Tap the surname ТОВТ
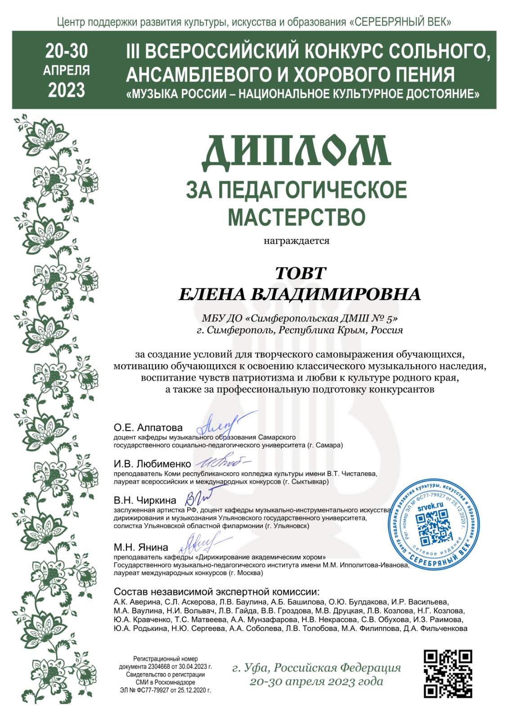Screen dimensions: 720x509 click(300, 273)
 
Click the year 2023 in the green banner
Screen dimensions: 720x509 click(67, 90)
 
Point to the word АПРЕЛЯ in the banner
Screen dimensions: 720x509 click(67, 71)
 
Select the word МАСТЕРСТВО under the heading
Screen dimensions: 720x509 click(297, 217)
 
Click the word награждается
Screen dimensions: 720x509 click(296, 241)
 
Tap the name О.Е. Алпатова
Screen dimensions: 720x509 click(148, 427)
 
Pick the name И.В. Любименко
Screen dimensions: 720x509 click(152, 464)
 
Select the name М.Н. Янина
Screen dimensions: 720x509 click(141, 547)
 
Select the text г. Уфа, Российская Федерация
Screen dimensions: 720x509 click(316, 667)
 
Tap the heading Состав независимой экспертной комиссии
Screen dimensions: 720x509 click(216, 591)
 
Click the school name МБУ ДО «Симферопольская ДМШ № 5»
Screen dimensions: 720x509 click(300, 318)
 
